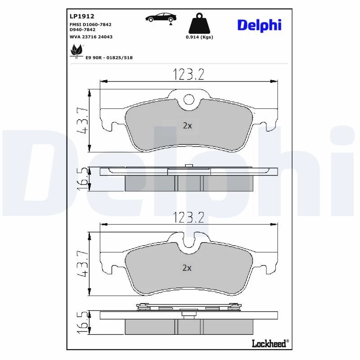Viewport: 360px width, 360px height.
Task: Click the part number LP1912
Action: coord(82,16)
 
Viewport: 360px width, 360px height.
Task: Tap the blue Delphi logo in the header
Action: coord(259,25)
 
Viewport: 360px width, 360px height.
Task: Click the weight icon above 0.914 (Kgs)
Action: coord(199,23)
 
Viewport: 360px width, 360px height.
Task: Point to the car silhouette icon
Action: coord(161,18)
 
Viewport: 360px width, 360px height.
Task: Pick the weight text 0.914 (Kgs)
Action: coord(199,37)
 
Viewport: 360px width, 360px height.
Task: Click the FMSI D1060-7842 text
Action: coord(90,24)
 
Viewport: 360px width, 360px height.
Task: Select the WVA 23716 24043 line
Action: coord(91,37)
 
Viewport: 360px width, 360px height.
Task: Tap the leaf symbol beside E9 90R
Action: coord(76,51)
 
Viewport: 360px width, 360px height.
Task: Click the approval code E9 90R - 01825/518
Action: coord(109,58)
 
